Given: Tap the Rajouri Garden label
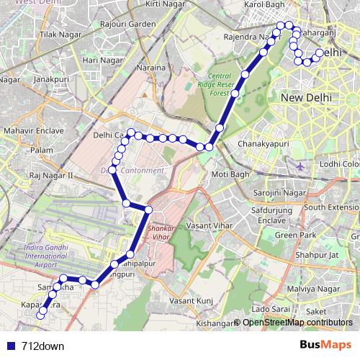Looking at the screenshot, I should [128, 24].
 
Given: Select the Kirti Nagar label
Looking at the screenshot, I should [162, 4].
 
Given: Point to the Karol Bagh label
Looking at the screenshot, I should [266, 4].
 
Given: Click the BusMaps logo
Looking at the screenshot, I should [326, 346].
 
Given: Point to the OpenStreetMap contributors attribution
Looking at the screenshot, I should [297, 323].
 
